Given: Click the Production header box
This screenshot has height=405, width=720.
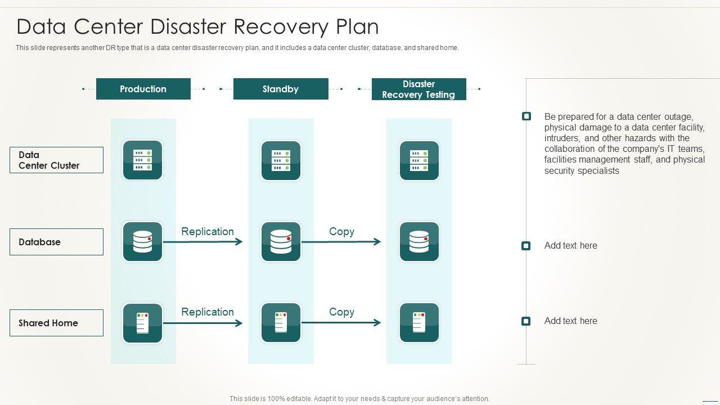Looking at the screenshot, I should (x=143, y=89).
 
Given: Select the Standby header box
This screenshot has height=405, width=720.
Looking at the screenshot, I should (x=280, y=89).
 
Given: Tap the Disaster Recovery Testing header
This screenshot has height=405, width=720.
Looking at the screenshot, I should (x=418, y=89).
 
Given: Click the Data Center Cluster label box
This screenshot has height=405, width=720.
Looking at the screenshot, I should (x=56, y=160).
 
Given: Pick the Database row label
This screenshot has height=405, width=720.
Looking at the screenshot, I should (x=56, y=242).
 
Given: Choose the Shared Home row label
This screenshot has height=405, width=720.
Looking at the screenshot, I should (x=56, y=323).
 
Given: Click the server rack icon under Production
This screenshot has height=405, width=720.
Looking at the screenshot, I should (x=142, y=160).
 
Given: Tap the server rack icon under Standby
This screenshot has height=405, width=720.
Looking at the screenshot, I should (x=281, y=160).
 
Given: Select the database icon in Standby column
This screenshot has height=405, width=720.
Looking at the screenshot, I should (x=281, y=242).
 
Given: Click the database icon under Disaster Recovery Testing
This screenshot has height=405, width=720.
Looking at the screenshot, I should (x=419, y=242).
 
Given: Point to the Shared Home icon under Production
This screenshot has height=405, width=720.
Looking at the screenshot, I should (x=142, y=323).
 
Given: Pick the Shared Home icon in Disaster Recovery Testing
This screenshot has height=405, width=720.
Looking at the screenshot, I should (x=419, y=323).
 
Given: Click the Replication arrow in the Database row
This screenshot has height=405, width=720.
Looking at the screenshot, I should (x=202, y=242).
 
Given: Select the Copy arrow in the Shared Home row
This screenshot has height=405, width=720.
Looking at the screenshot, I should (x=341, y=323).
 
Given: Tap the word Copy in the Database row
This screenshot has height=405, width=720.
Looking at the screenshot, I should (x=341, y=231).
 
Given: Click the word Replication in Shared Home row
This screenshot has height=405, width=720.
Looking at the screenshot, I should (x=208, y=312).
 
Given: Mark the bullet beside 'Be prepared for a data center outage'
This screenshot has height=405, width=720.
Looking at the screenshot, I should (x=526, y=116).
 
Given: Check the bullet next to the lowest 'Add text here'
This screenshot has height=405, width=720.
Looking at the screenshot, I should (x=526, y=321).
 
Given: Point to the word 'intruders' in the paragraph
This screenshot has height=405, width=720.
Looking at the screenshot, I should (x=562, y=138).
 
